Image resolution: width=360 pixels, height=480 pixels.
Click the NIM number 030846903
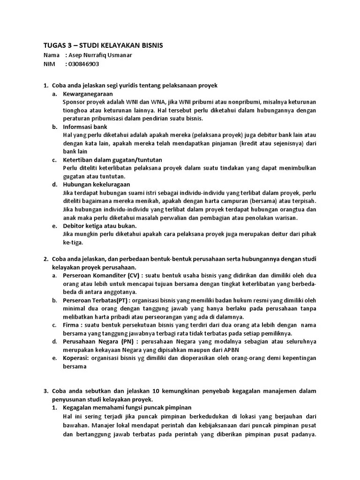tap(83, 64)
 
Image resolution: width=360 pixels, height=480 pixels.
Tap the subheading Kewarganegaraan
tap(88, 94)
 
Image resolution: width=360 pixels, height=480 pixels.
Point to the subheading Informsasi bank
tap(85, 127)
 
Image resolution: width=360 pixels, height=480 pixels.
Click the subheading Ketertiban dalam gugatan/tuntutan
tap(109, 160)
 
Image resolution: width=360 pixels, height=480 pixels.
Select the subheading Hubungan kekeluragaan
tap(96, 184)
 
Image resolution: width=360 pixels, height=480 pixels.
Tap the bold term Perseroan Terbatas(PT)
tap(96, 300)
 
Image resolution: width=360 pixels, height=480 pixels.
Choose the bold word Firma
tap(71, 324)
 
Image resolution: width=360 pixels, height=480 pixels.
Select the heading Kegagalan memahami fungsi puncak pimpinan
tap(127, 407)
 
